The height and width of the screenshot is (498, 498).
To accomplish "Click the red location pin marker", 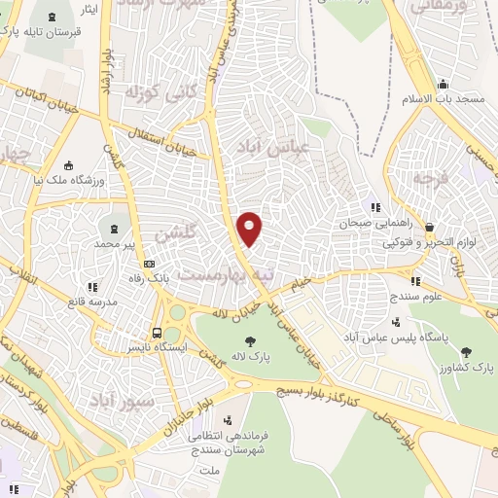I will (x=250, y=228).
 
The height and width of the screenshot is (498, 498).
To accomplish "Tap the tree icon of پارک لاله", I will (x=251, y=341).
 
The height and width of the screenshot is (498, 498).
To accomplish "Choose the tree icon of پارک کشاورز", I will (x=464, y=352).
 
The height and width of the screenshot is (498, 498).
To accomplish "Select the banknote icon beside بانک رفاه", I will (x=149, y=263).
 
